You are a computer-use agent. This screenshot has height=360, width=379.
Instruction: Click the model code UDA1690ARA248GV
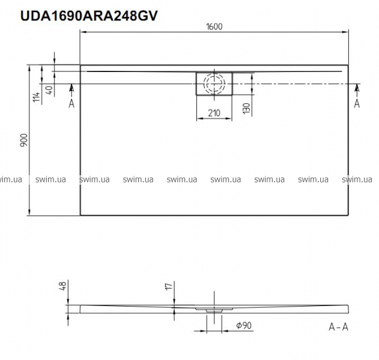click(89, 16)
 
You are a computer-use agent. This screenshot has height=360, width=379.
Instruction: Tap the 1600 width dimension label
click(214, 26)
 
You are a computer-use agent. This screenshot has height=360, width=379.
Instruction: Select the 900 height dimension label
click(24, 140)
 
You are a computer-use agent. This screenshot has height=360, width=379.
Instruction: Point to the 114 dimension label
click(37, 97)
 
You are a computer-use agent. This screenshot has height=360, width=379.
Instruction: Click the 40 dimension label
click(49, 90)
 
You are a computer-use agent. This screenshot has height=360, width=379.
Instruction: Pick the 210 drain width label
click(214, 113)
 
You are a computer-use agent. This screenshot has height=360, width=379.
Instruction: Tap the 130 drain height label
click(246, 109)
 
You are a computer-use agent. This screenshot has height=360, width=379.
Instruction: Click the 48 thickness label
click(62, 286)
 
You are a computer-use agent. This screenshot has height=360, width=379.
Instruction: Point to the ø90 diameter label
click(244, 325)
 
